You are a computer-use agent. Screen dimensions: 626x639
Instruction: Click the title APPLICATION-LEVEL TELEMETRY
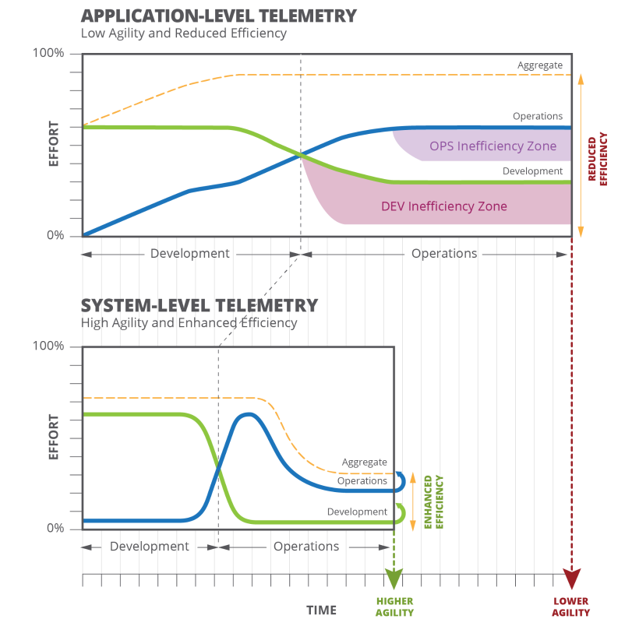[219, 16]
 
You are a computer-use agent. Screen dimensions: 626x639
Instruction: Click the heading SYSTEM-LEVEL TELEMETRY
[199, 304]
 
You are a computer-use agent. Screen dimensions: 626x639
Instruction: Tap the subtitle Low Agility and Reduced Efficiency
[184, 33]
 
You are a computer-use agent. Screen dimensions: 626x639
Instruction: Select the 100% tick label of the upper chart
[48, 53]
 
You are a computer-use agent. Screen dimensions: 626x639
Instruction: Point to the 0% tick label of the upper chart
[53, 235]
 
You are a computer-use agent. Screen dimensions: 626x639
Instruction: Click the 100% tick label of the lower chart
[48, 346]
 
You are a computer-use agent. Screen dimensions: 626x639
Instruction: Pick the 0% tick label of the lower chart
[53, 529]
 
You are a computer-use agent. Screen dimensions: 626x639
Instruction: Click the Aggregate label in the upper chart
[539, 65]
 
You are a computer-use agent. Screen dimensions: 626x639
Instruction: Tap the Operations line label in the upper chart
[537, 116]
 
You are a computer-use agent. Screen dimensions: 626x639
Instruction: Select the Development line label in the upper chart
[532, 171]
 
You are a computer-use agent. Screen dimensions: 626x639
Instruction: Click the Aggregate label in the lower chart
[364, 462]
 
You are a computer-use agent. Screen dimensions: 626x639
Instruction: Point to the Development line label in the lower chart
[357, 512]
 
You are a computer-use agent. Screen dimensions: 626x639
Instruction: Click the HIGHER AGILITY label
[394, 607]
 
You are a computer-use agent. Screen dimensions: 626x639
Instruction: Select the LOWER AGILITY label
[572, 607]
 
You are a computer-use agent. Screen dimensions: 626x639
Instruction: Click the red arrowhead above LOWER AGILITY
[573, 579]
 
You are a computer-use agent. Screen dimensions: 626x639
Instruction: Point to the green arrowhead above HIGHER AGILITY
[394, 579]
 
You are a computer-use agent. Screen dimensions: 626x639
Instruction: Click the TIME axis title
[321, 610]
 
